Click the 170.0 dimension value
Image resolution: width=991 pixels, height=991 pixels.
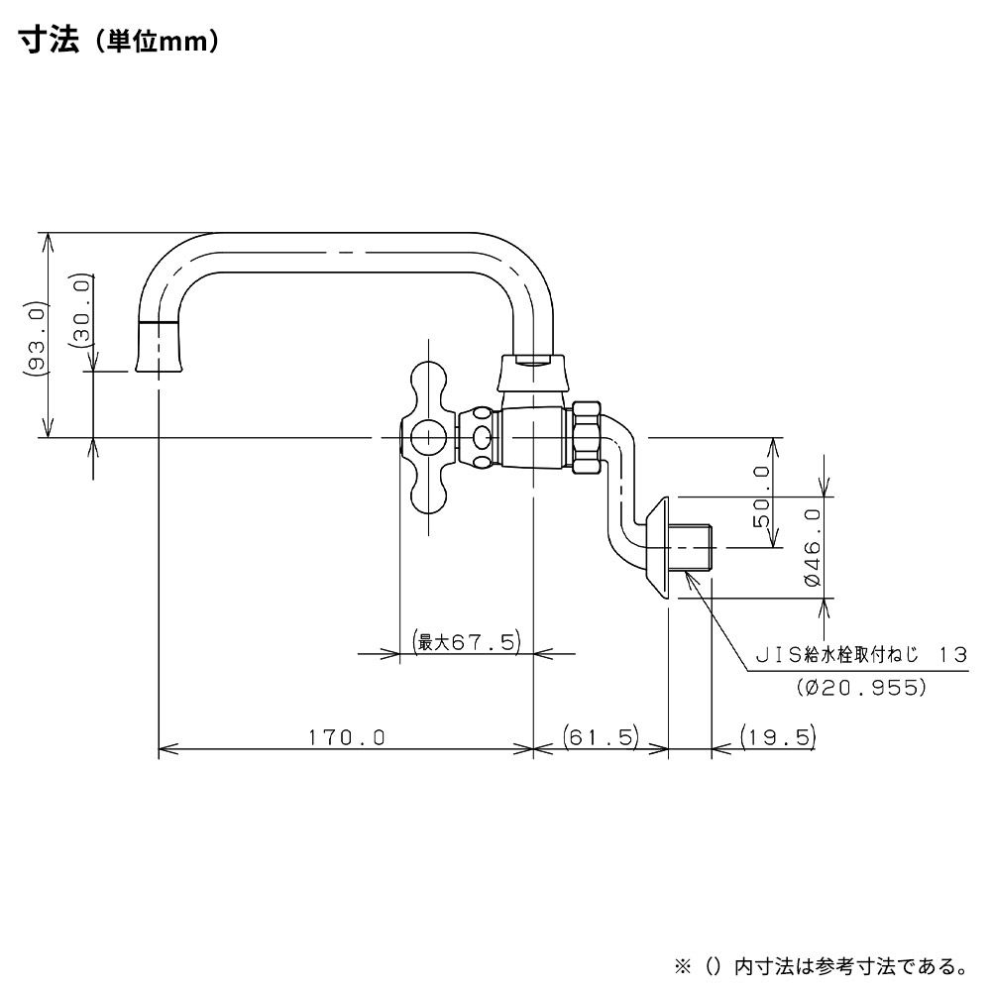(x=345, y=737)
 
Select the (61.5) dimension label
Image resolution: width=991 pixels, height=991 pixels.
(x=601, y=737)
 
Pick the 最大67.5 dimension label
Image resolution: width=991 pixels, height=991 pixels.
(x=467, y=642)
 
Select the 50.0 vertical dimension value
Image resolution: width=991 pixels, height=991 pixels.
(x=763, y=508)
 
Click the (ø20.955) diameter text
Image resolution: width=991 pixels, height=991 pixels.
(x=860, y=687)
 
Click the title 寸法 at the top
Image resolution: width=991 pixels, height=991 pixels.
(x=47, y=43)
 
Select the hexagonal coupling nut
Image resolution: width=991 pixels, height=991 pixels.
(x=586, y=438)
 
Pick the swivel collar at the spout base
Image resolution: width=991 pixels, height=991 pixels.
(x=532, y=372)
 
